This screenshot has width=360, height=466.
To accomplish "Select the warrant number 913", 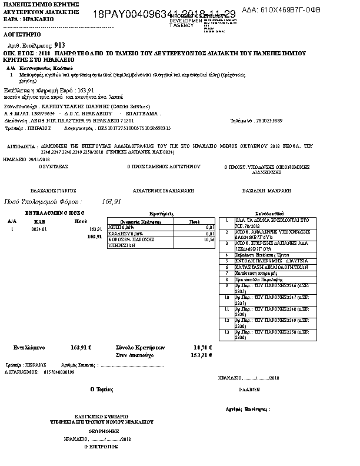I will (x=59, y=45).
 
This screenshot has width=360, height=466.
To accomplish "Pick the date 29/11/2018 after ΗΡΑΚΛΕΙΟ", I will (x=39, y=159).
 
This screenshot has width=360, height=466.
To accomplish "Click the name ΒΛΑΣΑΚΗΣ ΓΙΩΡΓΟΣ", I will (x=54, y=191).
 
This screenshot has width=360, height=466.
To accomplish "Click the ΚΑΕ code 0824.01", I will (x=39, y=229).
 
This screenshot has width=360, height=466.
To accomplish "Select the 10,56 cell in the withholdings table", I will (x=209, y=240).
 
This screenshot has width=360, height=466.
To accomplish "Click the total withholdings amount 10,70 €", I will (x=202, y=347).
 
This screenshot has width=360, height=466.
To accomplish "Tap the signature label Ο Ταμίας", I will (x=99, y=389).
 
